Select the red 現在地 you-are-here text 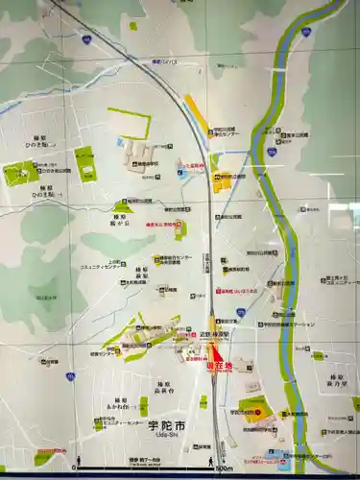tap(218, 367)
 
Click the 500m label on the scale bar tap(224, 468)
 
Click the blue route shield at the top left tap(86, 40)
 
